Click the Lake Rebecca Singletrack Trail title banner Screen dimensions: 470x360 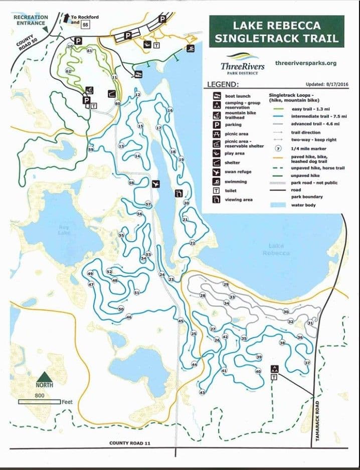click(276, 31)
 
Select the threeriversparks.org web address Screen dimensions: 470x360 click(306, 63)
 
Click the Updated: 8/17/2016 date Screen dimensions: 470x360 click(326, 85)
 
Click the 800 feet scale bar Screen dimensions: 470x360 click(40, 402)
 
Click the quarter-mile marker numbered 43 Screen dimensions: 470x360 click(203, 392)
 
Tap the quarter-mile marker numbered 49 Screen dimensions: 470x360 click(91, 274)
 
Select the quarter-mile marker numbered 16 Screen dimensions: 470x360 click(170, 110)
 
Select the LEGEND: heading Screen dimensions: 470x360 click(223, 85)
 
